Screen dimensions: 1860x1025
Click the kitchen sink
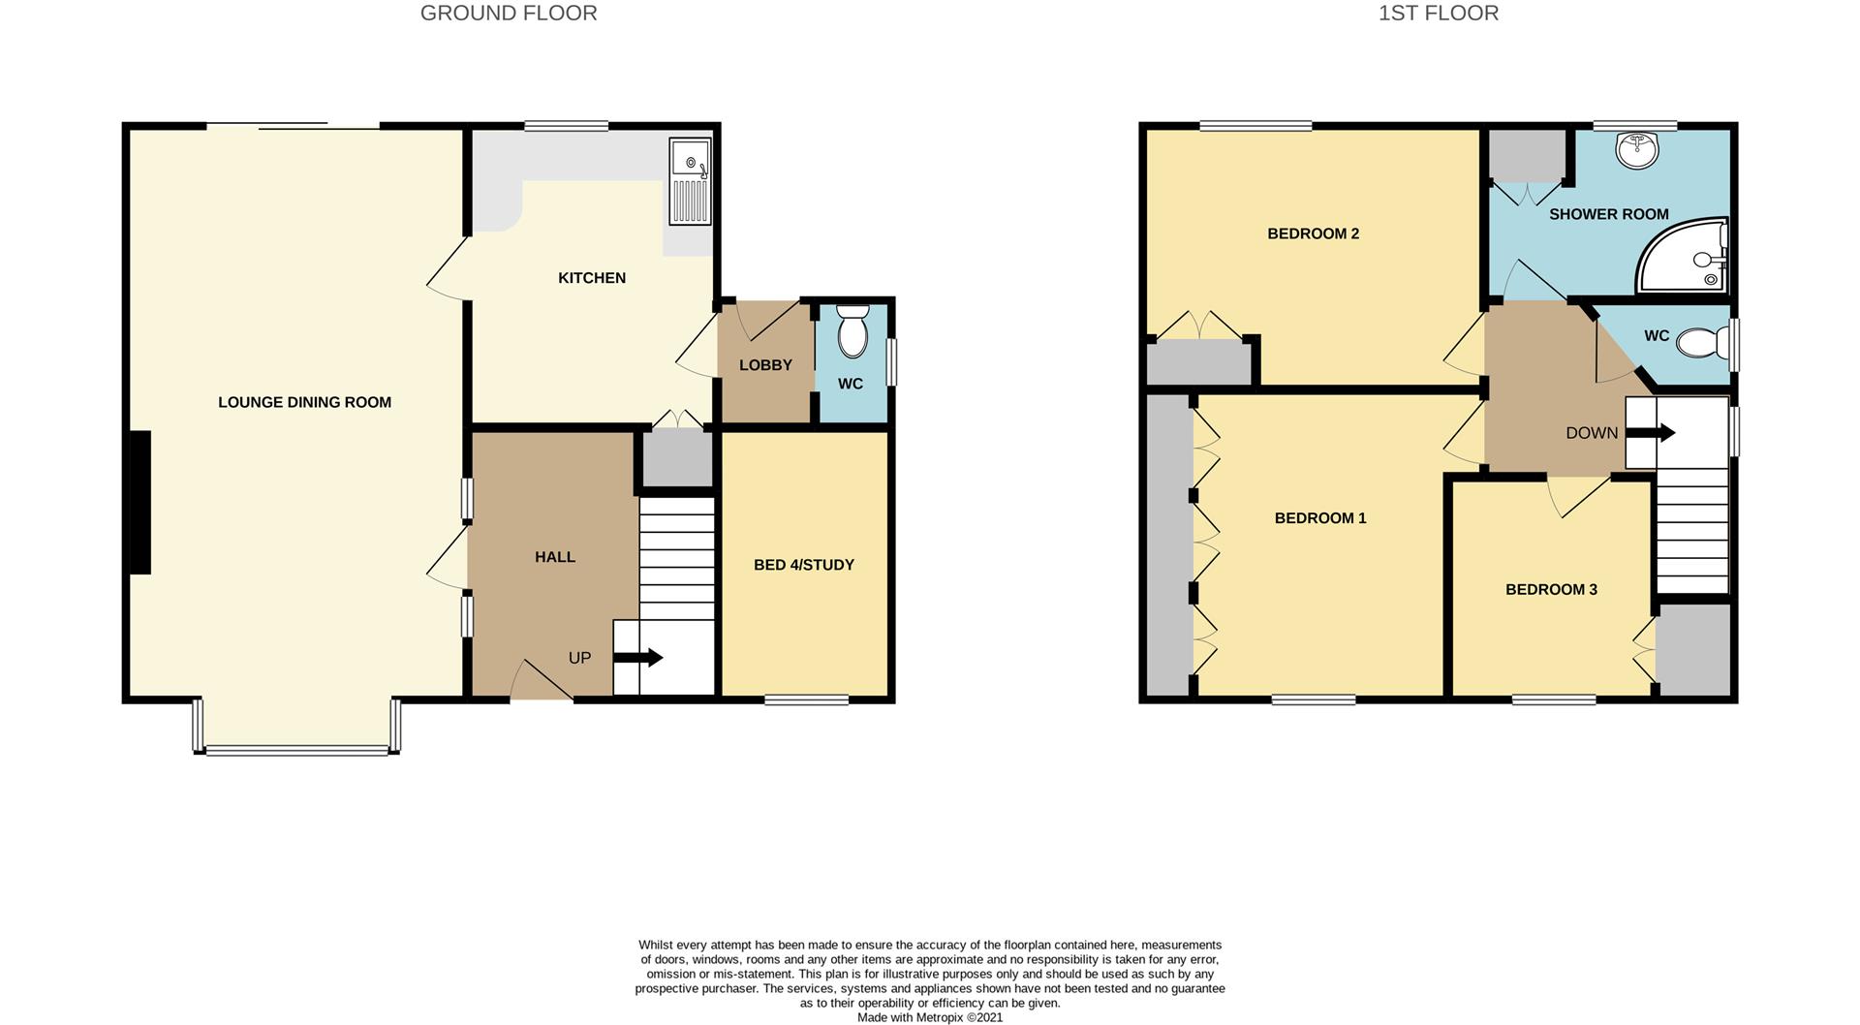pyautogui.click(x=690, y=181)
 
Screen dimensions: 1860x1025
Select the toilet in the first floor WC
pyautogui.click(x=1703, y=342)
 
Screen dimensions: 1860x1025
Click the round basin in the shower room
pyautogui.click(x=1636, y=150)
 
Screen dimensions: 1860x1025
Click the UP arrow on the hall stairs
pyautogui.click(x=638, y=658)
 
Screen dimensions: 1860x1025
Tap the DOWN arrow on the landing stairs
pyautogui.click(x=1651, y=432)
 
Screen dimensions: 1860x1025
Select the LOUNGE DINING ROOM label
pyautogui.click(x=304, y=402)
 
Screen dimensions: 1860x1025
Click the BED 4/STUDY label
pyautogui.click(x=804, y=565)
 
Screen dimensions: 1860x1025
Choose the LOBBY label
pyautogui.click(x=765, y=365)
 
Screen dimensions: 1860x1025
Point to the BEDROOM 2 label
pyautogui.click(x=1313, y=233)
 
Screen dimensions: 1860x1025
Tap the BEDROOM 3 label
pyautogui.click(x=1551, y=589)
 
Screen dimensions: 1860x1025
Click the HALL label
pyautogui.click(x=555, y=557)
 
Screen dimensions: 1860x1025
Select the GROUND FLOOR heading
pyautogui.click(x=509, y=13)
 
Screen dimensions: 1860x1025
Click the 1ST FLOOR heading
pyautogui.click(x=1439, y=13)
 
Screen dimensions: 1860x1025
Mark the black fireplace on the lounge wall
pyautogui.click(x=139, y=503)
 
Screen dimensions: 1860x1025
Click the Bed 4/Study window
pyautogui.click(x=807, y=699)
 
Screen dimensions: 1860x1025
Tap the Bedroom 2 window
pyautogui.click(x=1255, y=125)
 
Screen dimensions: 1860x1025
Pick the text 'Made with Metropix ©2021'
pyautogui.click(x=930, y=1017)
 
